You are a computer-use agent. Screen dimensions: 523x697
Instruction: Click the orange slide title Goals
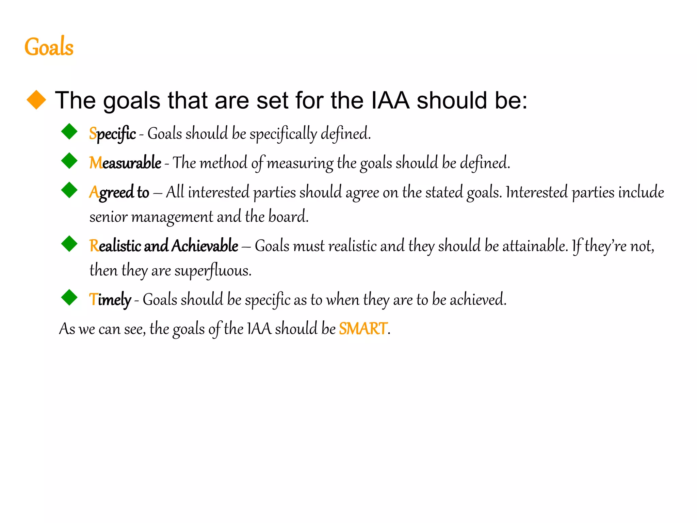coord(49,47)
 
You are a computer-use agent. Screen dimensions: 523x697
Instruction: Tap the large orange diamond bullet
coord(36,100)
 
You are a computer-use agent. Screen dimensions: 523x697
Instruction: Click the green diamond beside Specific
coord(69,131)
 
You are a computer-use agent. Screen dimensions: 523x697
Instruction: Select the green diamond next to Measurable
coord(69,161)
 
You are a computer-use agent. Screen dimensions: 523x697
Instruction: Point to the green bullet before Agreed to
coord(69,190)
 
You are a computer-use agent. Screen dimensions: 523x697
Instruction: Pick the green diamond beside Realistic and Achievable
coord(69,244)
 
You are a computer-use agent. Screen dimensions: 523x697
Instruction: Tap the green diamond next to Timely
coord(69,298)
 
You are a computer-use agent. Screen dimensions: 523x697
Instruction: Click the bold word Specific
coord(112,133)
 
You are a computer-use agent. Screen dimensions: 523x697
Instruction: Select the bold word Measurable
coord(125,163)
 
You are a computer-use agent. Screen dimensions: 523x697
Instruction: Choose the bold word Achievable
coord(205,246)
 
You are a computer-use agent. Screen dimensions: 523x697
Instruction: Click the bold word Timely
coord(110,300)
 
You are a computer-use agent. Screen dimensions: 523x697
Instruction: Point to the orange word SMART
coord(363,329)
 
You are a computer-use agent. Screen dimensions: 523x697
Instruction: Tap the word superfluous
coord(213,271)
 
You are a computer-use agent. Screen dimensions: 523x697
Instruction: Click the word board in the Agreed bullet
coord(288,217)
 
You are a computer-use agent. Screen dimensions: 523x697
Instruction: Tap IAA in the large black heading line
coord(390,100)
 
